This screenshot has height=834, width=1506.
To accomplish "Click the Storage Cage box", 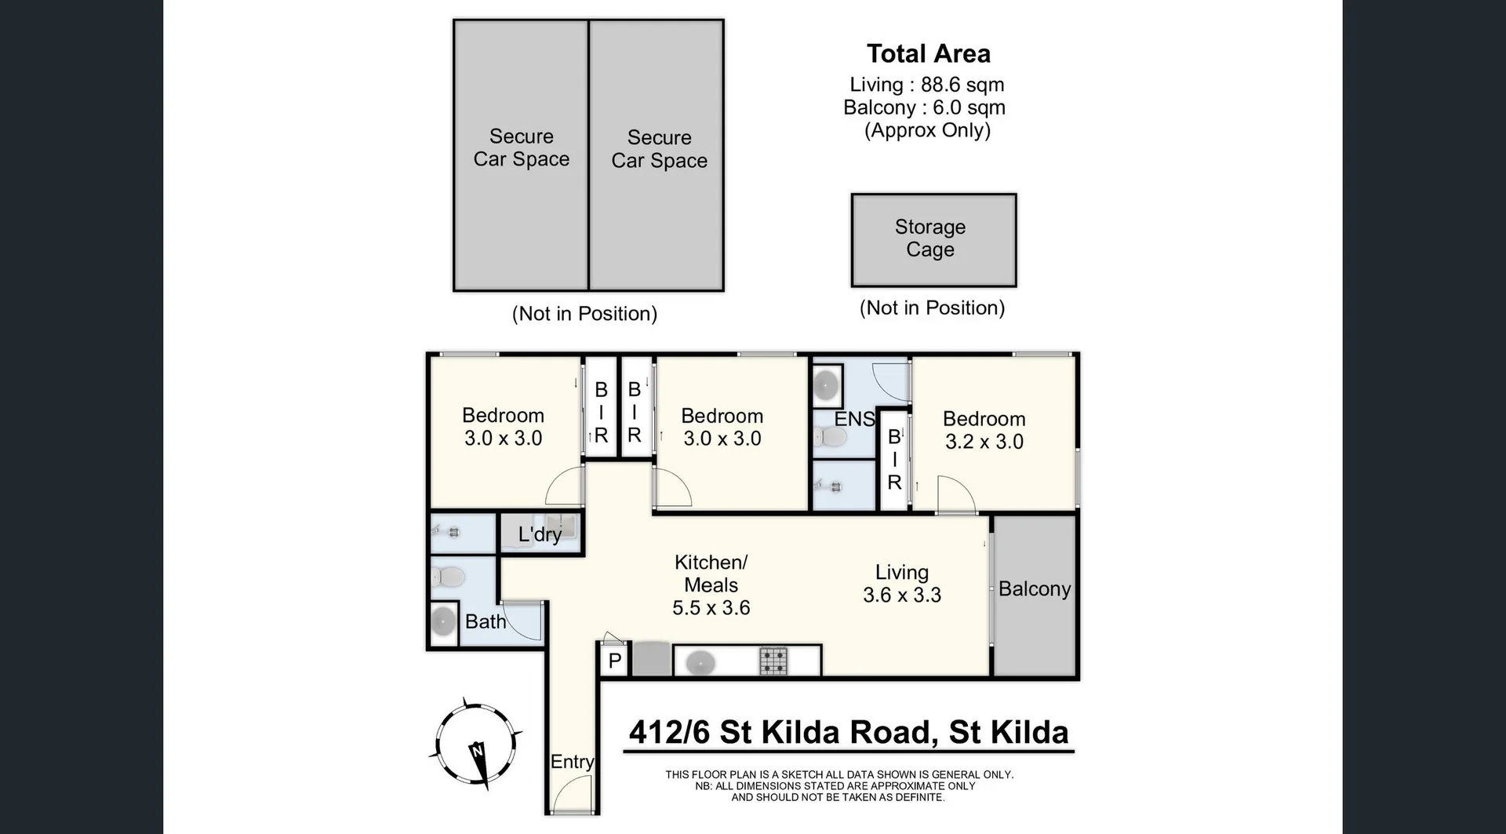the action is [x=933, y=239].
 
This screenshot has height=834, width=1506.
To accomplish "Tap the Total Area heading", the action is [x=928, y=53].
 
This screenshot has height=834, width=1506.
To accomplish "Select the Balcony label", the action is [x=1034, y=589].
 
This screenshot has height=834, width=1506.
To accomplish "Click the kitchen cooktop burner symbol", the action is [x=773, y=661].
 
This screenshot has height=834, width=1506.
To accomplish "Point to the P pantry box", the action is [x=615, y=661].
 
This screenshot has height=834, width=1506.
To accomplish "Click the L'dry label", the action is [x=540, y=534].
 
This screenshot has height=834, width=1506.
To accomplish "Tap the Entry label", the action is [x=572, y=761].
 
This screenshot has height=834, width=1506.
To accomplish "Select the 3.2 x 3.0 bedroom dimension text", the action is [x=984, y=442].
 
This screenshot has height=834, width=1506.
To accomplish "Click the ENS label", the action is [x=853, y=419].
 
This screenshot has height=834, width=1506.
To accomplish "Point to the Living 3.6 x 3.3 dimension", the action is [x=902, y=595].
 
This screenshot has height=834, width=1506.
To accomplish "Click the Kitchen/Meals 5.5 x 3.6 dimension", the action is [x=711, y=608].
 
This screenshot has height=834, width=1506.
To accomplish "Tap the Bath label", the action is [x=485, y=621].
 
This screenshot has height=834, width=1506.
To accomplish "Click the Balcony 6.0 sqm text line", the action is [x=924, y=107].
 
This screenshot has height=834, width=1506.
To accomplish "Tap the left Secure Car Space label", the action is [x=521, y=147].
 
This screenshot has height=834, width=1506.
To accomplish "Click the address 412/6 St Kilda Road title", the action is [x=849, y=733].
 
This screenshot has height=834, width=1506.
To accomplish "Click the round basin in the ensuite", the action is [x=825, y=385].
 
